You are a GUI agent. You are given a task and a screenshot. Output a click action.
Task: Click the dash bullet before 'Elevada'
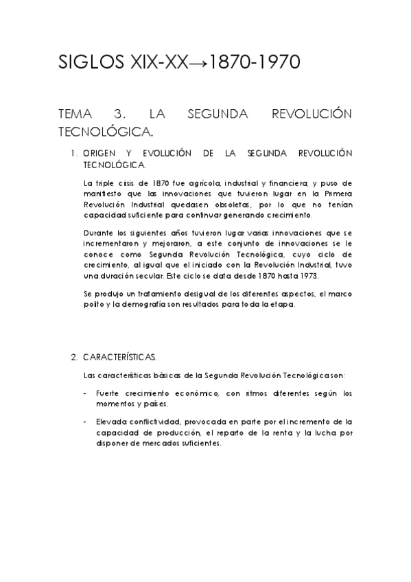[84, 421]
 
